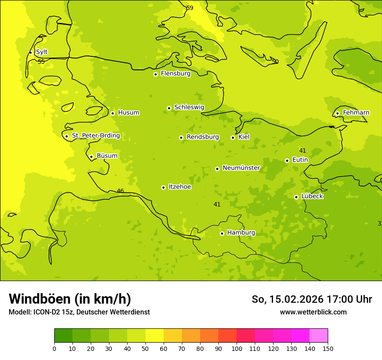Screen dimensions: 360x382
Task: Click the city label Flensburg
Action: pyautogui.click(x=175, y=74)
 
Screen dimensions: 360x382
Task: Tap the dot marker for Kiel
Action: pyautogui.click(x=233, y=137)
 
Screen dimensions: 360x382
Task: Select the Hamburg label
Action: pyautogui.click(x=241, y=233)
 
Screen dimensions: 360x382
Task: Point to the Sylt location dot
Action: pyautogui.click(x=30, y=52)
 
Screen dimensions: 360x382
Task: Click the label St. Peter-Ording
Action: pyautogui.click(x=95, y=136)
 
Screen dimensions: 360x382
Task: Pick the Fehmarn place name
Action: pyautogui.click(x=356, y=113)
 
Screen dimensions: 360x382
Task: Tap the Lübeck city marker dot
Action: pyautogui.click(x=296, y=197)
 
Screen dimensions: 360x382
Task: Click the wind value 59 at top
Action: pyautogui.click(x=190, y=8)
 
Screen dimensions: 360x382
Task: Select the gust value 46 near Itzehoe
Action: pyautogui.click(x=120, y=191)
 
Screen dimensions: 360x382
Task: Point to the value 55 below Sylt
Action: pyautogui.click(x=41, y=62)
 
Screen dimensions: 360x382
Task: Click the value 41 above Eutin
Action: pyautogui.click(x=303, y=151)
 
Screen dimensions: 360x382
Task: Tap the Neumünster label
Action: pyautogui.click(x=241, y=168)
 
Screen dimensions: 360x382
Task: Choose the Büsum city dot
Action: pyautogui.click(x=91, y=157)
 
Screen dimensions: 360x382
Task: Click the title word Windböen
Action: pyautogui.click(x=40, y=299)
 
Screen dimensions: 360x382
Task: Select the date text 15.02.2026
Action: pyautogui.click(x=296, y=299)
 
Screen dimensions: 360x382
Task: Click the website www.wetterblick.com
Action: pyautogui.click(x=313, y=312)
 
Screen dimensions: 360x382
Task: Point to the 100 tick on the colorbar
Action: pyautogui.click(x=237, y=348)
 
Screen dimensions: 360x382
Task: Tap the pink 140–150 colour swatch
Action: pyautogui.click(x=319, y=335)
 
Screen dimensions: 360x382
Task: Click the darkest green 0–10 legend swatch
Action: pyautogui.click(x=63, y=335)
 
